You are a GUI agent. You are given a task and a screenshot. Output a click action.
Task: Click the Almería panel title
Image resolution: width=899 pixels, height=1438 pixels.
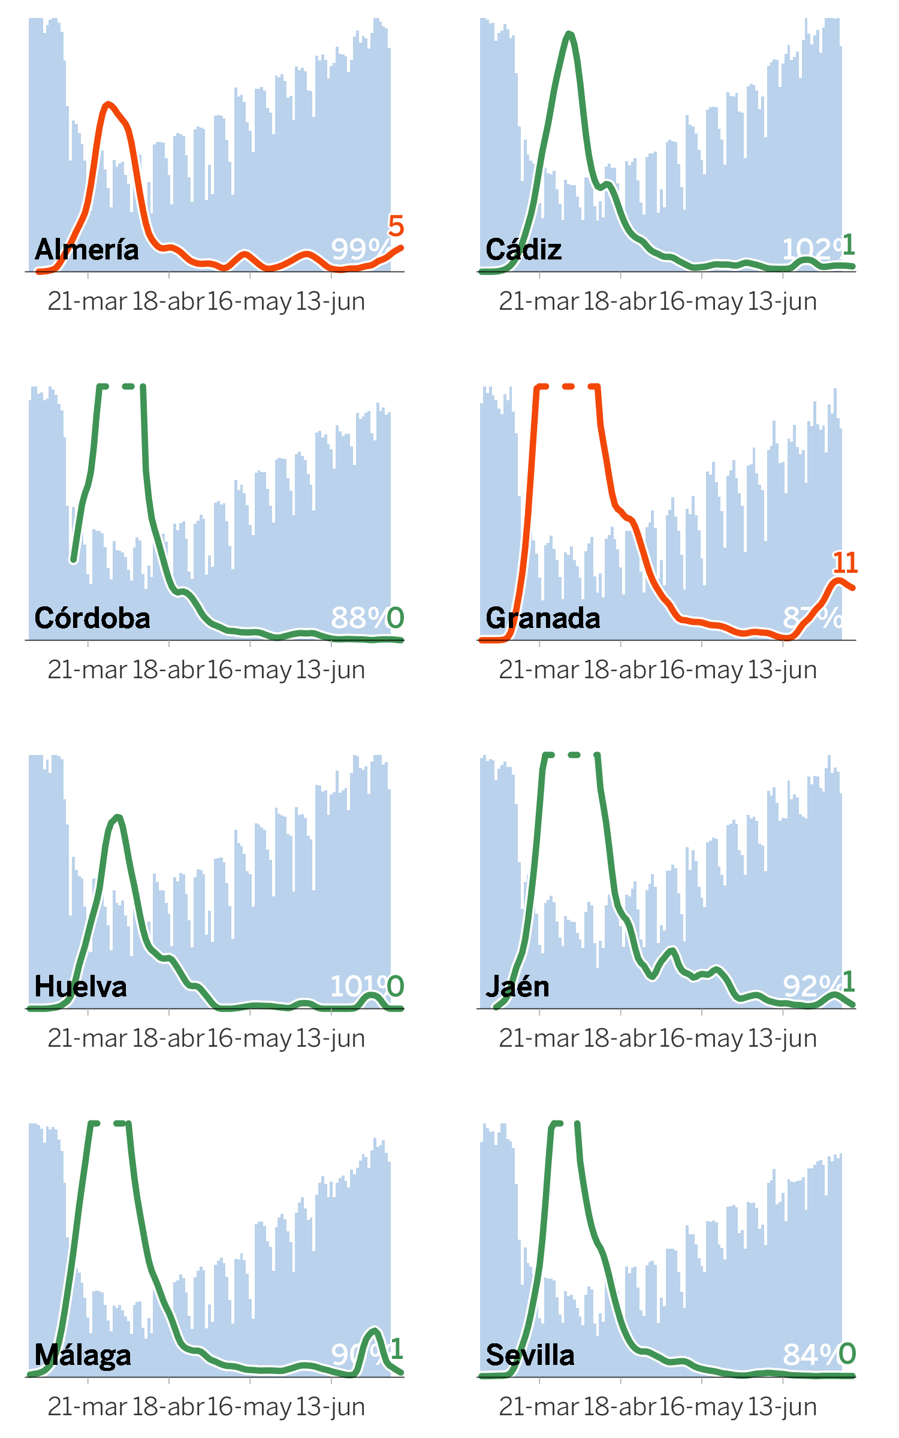coord(86,249)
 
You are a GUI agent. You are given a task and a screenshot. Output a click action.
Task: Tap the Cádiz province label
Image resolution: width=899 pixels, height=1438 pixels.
coord(523,249)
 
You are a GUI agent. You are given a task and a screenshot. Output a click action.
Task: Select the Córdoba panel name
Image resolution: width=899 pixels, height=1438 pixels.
coord(92,618)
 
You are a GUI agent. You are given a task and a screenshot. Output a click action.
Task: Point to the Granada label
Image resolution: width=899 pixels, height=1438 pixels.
coord(542,618)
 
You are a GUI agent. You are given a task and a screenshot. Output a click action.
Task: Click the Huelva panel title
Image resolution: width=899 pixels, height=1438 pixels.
coord(80,986)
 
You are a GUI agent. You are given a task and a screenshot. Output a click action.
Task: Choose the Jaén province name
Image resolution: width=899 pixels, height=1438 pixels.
coord(517,986)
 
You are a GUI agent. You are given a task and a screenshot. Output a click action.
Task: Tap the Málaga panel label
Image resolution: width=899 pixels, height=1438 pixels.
coord(83,1355)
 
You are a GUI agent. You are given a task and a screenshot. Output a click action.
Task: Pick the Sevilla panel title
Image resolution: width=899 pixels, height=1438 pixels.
coord(530,1355)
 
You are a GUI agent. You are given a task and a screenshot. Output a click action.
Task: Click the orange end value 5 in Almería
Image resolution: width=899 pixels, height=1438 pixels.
coord(396,226)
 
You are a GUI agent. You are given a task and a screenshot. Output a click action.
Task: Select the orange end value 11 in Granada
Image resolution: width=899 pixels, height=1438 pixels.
coord(845,563)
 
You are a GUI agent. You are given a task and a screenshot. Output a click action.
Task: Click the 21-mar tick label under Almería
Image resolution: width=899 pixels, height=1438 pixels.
coord(88,301)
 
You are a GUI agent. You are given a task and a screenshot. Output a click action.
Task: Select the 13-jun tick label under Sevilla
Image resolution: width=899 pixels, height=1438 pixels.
coord(782,1407)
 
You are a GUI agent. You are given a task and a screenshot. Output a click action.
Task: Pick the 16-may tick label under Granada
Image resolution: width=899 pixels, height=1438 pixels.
coord(701,670)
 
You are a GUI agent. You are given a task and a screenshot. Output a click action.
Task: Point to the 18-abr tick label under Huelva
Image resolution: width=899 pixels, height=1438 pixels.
coord(168,1038)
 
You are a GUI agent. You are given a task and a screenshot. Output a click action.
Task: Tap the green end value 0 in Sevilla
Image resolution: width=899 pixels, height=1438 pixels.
coord(847,1354)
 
